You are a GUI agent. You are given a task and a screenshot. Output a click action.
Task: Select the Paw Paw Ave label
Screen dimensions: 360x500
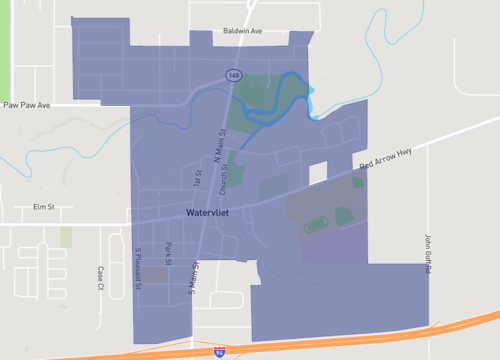pyautogui.click(x=25, y=103)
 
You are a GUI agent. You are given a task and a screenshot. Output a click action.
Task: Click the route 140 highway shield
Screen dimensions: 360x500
pyautogui.click(x=233, y=75)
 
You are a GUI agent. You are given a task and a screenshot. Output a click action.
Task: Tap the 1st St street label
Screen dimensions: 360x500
pyautogui.click(x=197, y=178)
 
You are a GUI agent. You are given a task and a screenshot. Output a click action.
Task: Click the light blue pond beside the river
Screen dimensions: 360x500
pyautogui.click(x=314, y=101)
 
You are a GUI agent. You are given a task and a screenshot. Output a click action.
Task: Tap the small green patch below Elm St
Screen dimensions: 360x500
pyautogui.click(x=66, y=237)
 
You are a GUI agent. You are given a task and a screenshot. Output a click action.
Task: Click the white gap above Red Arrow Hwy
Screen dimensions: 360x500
pyautogui.click(x=317, y=173)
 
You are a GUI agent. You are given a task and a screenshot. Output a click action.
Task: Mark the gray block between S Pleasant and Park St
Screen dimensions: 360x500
pyautogui.click(x=153, y=274)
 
